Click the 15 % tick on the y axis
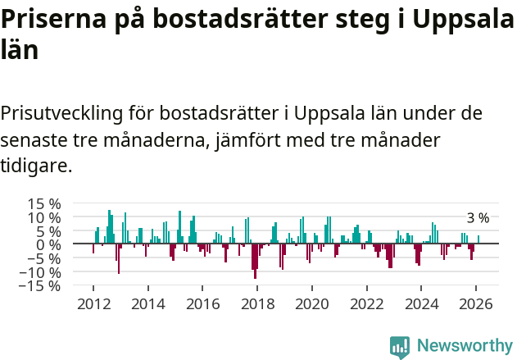[x=44, y=203]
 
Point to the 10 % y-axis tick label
[x=44, y=217]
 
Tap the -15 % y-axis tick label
[x=41, y=286]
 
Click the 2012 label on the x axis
[x=93, y=303]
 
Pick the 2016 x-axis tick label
[x=202, y=303]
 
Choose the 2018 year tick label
[x=257, y=303]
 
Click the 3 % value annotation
[x=478, y=218]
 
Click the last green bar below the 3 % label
[x=478, y=239]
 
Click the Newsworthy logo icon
[x=400, y=346]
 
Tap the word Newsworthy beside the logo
[x=464, y=346]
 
